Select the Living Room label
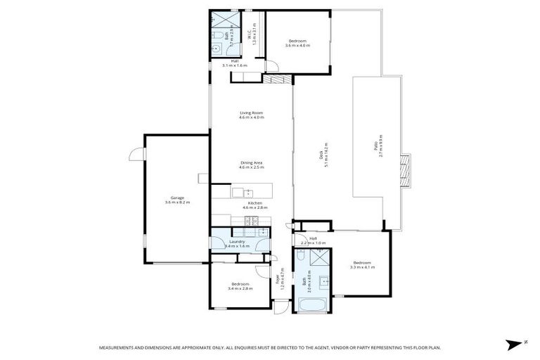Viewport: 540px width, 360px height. (x=251, y=115)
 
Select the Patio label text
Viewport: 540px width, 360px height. (x=378, y=147)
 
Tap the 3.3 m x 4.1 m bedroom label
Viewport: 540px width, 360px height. (x=362, y=265)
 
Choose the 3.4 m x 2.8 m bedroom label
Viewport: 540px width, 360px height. (x=240, y=285)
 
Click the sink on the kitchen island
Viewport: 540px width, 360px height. (x=238, y=191)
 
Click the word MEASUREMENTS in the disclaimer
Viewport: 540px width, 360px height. (x=117, y=347)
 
